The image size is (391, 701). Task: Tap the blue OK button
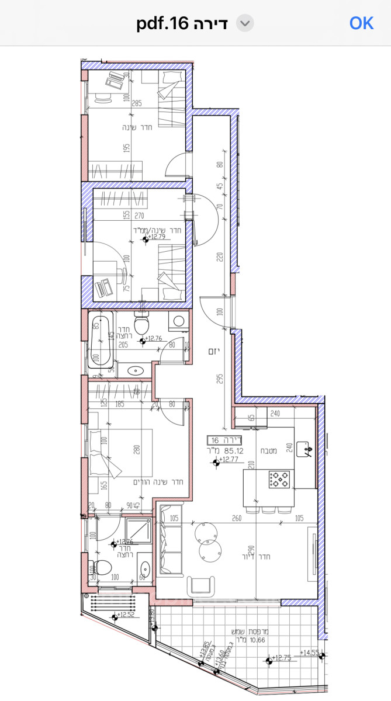coord(361,23)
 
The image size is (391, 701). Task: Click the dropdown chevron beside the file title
coord(245,23)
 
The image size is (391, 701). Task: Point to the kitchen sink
coord(305,449)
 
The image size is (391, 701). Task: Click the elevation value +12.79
coord(157,238)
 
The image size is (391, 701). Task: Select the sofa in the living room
coord(171,539)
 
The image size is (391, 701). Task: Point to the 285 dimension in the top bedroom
coord(137,103)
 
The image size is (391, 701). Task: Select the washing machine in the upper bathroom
coord(179,321)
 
